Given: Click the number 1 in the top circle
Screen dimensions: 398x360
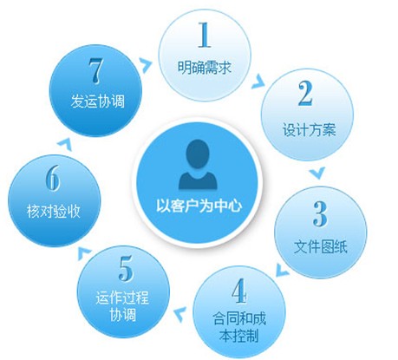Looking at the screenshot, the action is click(205, 35).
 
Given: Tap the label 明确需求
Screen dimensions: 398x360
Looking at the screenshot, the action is click(205, 68).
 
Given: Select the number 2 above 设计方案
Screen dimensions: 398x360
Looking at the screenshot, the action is click(305, 93).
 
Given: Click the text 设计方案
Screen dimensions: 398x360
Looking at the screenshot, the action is click(309, 129).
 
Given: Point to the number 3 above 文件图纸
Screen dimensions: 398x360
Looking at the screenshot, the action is click(321, 214).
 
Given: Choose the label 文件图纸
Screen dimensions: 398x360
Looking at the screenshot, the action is click(321, 247).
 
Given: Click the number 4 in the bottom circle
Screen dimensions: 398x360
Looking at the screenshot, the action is click(239, 291).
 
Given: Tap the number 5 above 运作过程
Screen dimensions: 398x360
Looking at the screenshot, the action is click(126, 268).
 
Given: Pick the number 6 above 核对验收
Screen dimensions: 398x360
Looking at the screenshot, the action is click(53, 178).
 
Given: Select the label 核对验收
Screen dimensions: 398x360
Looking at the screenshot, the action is click(54, 211).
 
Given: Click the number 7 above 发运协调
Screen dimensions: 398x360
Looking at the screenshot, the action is click(95, 71).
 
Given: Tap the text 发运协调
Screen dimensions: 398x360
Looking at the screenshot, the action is click(98, 101).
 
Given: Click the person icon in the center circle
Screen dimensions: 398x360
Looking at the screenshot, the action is click(198, 165).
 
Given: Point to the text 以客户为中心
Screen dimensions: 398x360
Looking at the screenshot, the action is click(199, 206).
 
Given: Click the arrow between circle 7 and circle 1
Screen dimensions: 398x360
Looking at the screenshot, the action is click(146, 65).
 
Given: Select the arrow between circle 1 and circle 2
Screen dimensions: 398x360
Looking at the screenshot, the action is click(258, 82).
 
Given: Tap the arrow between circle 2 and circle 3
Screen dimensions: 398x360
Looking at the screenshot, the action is click(317, 173).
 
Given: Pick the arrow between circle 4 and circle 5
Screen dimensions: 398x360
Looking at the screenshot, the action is click(180, 314).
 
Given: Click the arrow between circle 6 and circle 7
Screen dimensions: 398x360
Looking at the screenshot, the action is click(64, 144).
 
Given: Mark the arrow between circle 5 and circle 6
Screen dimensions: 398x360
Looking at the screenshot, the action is click(85, 253).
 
